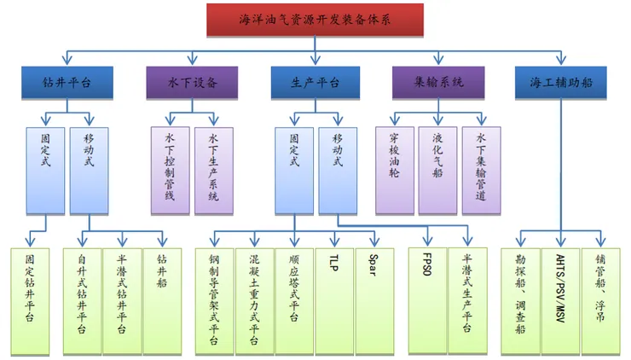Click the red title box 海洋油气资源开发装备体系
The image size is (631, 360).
[x=315, y=19]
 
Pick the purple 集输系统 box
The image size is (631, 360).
[x=438, y=83]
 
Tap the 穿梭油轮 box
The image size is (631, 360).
[x=395, y=170]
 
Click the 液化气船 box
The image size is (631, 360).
[x=437, y=170]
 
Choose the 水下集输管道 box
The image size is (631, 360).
[x=480, y=170]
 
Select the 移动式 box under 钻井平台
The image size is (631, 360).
[x=89, y=170]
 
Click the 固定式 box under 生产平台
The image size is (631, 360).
[x=294, y=170]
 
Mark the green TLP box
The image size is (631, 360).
[x=333, y=299]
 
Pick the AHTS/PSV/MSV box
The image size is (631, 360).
[x=561, y=299]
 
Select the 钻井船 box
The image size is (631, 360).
[x=162, y=299]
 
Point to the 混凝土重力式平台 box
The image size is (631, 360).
[x=253, y=299]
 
